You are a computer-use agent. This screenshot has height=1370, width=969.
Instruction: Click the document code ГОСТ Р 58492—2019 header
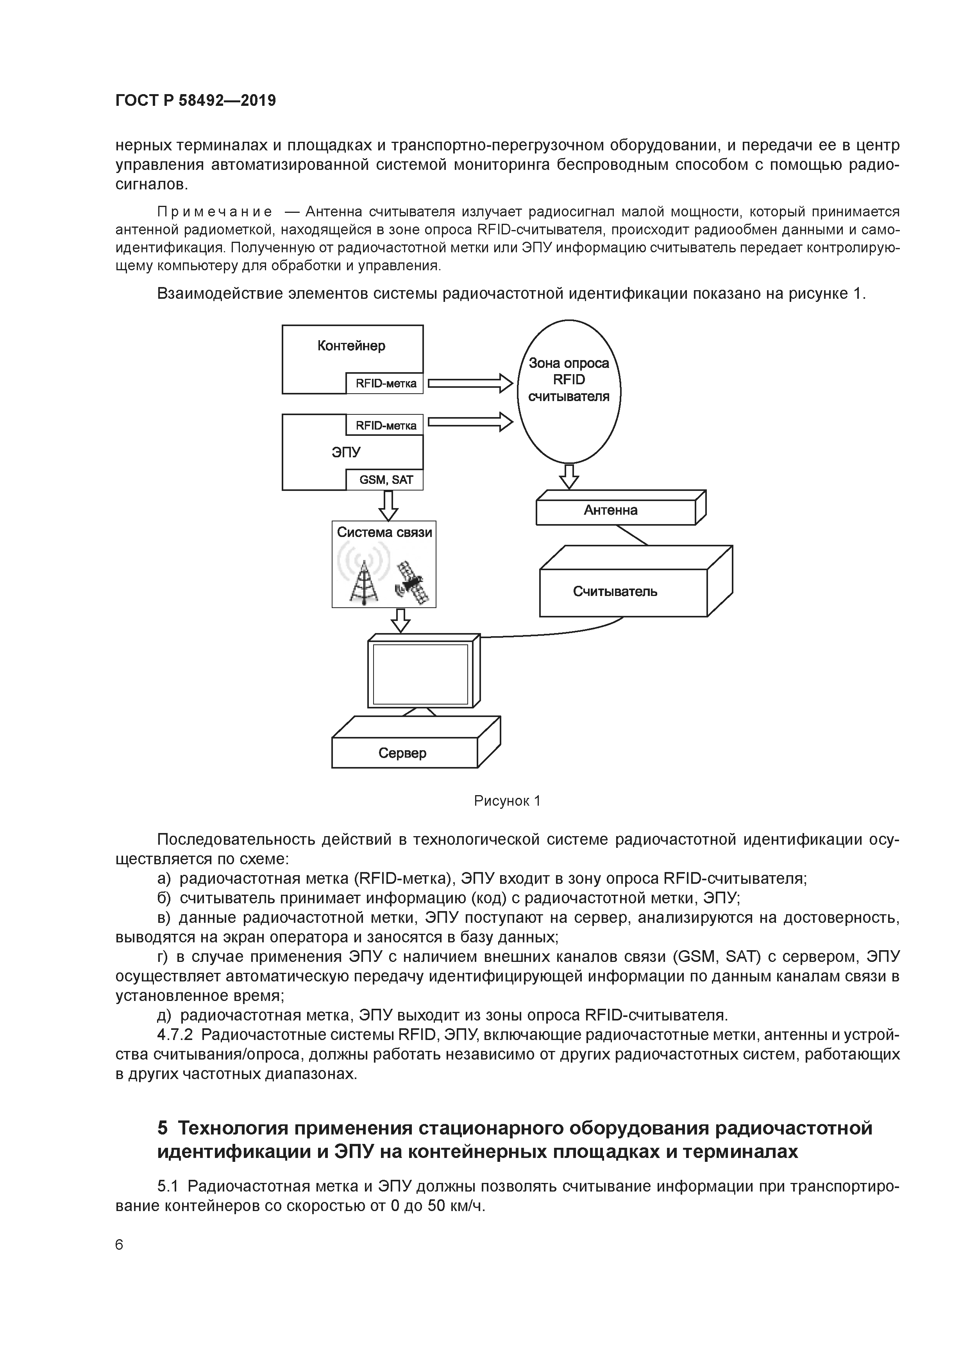[195, 101]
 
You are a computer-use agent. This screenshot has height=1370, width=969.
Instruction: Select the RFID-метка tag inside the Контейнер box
[385, 384]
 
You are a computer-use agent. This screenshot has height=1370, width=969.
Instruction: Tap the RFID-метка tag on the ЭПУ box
[385, 425]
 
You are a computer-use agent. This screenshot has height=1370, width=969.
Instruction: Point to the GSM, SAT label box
[385, 480]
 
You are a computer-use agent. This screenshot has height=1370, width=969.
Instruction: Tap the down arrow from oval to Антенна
[569, 476]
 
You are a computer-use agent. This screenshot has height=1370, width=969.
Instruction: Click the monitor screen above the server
[420, 674]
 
